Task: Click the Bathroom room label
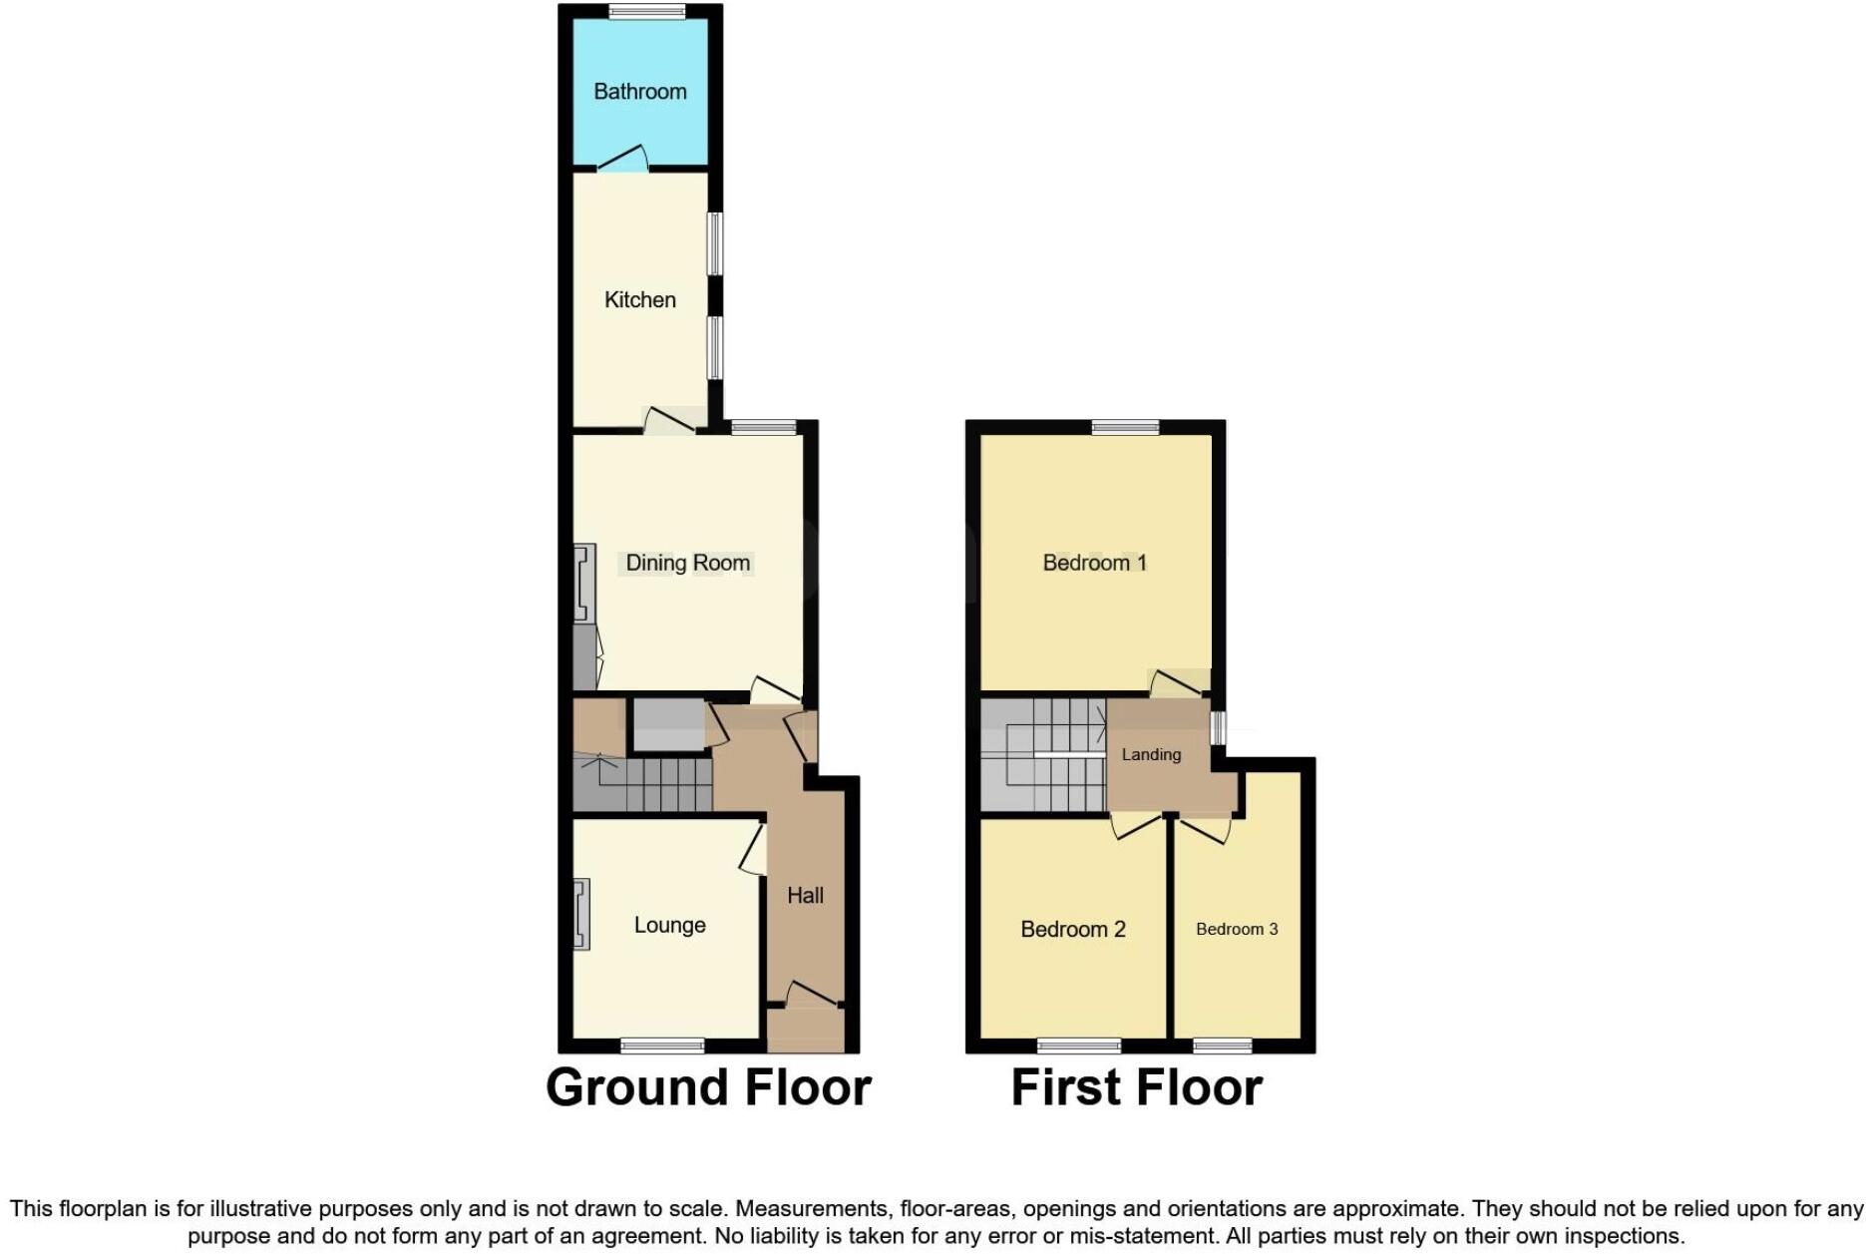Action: click(639, 92)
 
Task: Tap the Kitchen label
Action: click(639, 299)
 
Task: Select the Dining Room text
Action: click(687, 563)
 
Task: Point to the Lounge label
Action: click(669, 925)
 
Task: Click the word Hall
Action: click(805, 895)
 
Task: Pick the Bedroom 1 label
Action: click(1094, 563)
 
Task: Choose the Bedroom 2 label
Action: click(1072, 929)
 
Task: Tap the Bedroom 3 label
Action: click(1236, 929)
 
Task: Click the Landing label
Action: click(1151, 754)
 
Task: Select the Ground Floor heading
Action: click(708, 1086)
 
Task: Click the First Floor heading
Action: click(1136, 1086)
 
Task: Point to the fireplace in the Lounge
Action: click(581, 913)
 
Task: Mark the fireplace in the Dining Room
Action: click(584, 584)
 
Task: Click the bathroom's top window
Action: click(647, 12)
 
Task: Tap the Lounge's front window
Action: click(662, 1045)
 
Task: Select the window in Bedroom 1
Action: click(1125, 428)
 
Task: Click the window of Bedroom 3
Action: click(1223, 1045)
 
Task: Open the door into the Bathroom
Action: click(623, 160)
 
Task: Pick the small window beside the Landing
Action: click(1218, 726)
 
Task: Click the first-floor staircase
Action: click(1042, 755)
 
